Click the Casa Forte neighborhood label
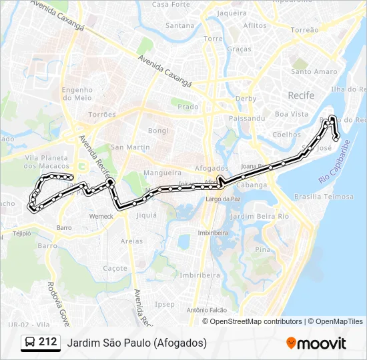pyautogui.click(x=171, y=4)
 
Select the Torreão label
pyautogui.click(x=305, y=30)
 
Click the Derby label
pyautogui.click(x=246, y=99)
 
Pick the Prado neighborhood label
pyautogui.click(x=188, y=106)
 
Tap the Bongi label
pyautogui.click(x=158, y=130)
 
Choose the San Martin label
pyautogui.click(x=126, y=147)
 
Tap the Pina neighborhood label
pyautogui.click(x=262, y=249)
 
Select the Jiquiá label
pyautogui.click(x=146, y=215)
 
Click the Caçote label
pyautogui.click(x=115, y=268)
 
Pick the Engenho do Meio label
pyautogui.click(x=77, y=94)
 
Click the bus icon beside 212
pyautogui.click(x=30, y=343)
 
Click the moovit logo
pyautogui.click(x=316, y=343)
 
